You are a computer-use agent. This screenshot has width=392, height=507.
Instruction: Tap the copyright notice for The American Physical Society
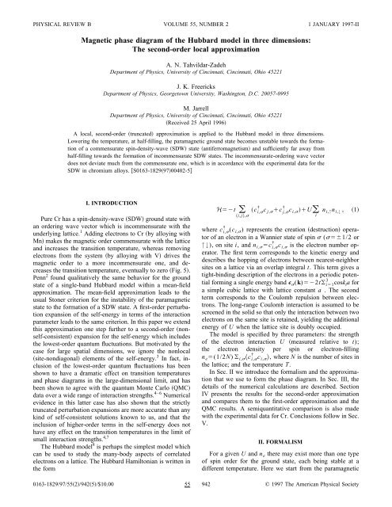[325, 501]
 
